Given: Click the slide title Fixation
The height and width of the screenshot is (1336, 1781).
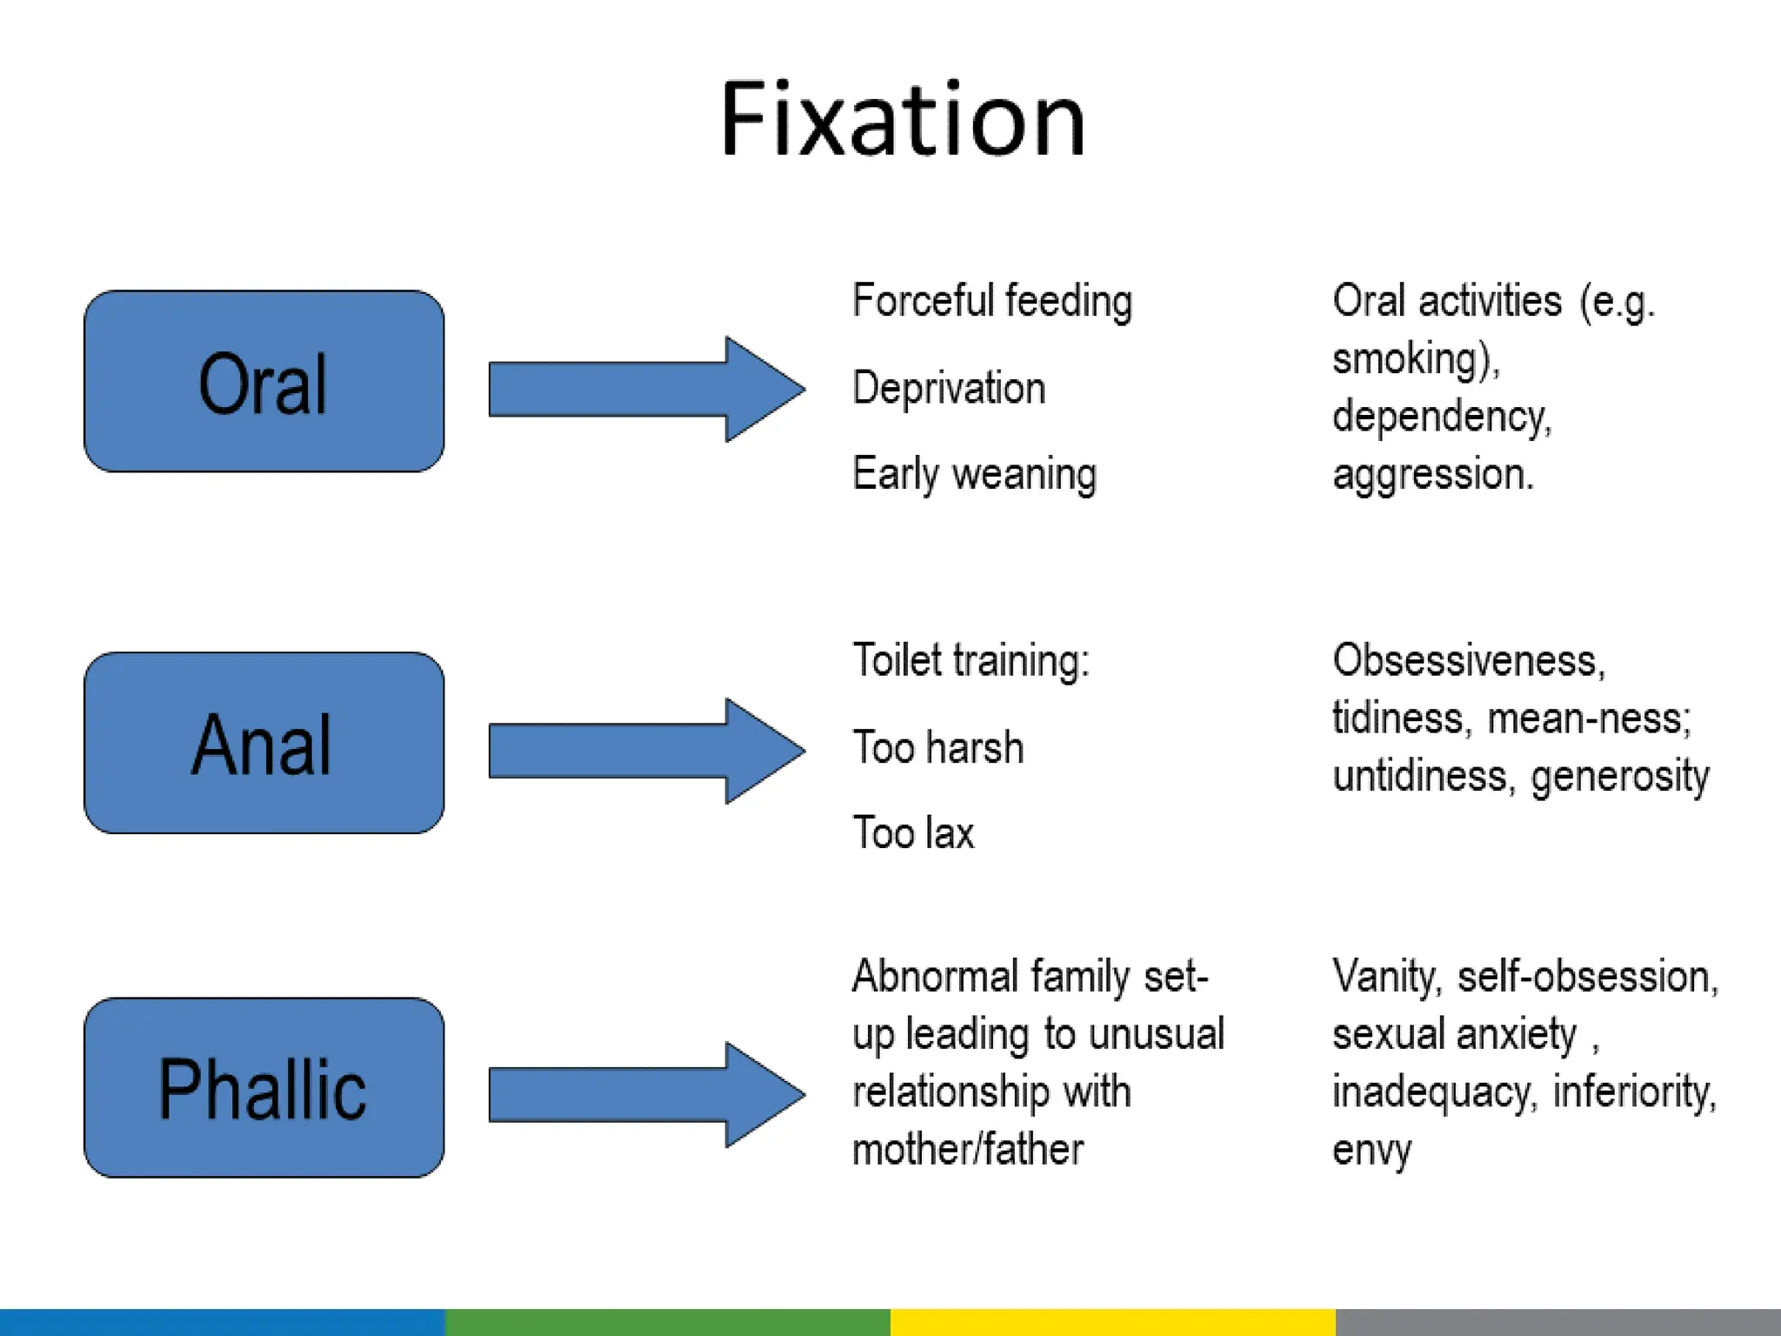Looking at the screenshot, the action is tap(903, 120).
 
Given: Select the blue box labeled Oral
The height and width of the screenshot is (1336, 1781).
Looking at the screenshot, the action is tap(263, 382).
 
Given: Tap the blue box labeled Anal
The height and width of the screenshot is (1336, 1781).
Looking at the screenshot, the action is tap(263, 743).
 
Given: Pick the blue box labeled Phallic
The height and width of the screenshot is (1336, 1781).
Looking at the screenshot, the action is tap(263, 1088).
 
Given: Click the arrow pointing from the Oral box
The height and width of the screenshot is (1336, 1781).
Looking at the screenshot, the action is tap(645, 389).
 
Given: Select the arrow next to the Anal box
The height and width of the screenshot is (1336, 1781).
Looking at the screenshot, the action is tap(645, 751).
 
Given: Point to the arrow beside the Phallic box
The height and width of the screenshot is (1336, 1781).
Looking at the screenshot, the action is tap(645, 1094).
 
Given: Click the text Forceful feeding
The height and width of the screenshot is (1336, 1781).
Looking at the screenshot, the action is tap(992, 301).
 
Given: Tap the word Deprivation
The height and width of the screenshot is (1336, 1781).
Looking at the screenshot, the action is tap(949, 388).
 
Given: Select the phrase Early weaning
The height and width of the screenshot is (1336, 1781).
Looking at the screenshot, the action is tap(975, 474).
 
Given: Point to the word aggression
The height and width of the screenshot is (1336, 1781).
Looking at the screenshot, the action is tap(1432, 475).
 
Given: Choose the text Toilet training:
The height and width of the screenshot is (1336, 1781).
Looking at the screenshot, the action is tap(971, 660).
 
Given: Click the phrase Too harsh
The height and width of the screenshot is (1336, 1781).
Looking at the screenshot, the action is tap(938, 747).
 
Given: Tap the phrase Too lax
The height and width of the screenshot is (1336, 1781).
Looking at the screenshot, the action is tap(913, 832).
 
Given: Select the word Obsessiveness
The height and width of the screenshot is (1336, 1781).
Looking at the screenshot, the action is tap(1468, 660).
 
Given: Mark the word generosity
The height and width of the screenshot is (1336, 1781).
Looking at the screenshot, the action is tap(1619, 776).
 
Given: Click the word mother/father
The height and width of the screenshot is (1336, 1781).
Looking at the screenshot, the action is tap(968, 1149).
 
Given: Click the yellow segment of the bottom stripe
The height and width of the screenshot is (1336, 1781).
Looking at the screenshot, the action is tap(1112, 1322).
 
